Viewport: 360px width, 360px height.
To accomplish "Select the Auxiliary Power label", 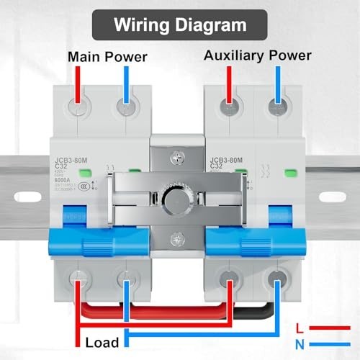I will coord(257,55).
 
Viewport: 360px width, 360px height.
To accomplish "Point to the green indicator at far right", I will coord(292,174).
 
